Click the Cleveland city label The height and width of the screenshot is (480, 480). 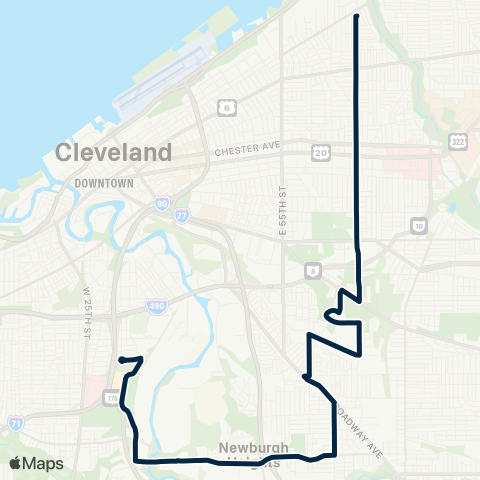click(x=114, y=153)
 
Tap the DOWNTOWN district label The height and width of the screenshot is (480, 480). click(x=104, y=184)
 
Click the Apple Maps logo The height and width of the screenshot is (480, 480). click(x=36, y=463)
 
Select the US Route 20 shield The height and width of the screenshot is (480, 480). click(x=320, y=152)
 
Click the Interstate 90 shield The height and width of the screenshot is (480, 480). click(x=161, y=204)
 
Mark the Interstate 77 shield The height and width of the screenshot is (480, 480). click(x=180, y=214)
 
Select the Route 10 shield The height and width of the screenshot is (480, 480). click(x=418, y=228)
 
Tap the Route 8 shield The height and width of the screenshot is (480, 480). click(x=313, y=270)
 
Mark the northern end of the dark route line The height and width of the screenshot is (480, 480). click(x=357, y=16)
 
